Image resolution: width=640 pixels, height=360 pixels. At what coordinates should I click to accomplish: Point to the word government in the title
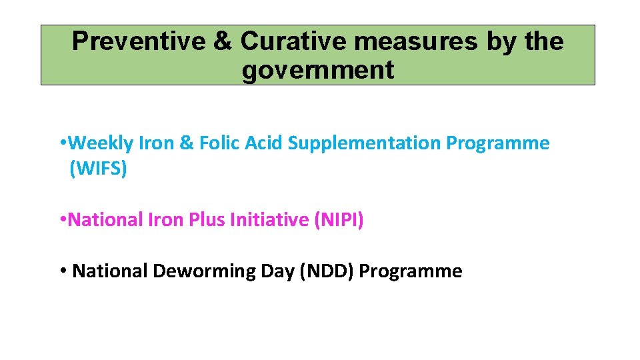pyautogui.click(x=318, y=69)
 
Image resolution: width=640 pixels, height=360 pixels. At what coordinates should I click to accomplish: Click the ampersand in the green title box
pyautogui.click(x=223, y=41)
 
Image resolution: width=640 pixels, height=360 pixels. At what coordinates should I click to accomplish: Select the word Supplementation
pyautogui.click(x=365, y=143)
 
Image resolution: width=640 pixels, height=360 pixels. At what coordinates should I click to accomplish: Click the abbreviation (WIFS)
pyautogui.click(x=97, y=169)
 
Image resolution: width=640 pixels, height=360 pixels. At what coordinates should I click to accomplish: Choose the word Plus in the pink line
pyautogui.click(x=207, y=219)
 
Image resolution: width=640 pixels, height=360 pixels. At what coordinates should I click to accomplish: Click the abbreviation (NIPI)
pyautogui.click(x=338, y=219)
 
